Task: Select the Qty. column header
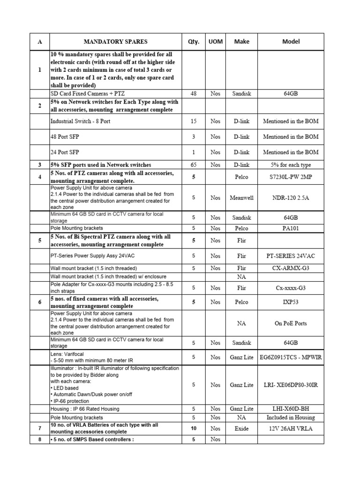click(x=194, y=42)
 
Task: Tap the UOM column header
click(x=215, y=42)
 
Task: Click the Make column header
click(x=242, y=42)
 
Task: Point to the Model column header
click(x=291, y=42)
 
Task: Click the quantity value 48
click(x=194, y=94)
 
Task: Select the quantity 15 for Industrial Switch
click(x=194, y=121)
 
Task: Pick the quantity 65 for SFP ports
click(x=194, y=165)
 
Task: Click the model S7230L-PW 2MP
click(x=291, y=178)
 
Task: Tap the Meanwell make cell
click(x=242, y=198)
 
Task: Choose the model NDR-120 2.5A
click(x=291, y=198)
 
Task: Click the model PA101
click(x=291, y=228)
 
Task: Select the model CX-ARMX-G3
click(x=291, y=269)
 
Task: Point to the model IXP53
click(x=291, y=302)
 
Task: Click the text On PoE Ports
click(x=291, y=323)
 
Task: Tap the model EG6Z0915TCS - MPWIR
click(x=291, y=357)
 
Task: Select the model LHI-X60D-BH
click(x=291, y=409)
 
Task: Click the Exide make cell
click(x=242, y=428)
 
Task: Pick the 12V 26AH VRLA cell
click(x=291, y=428)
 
